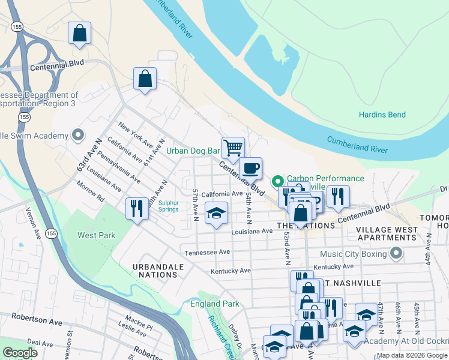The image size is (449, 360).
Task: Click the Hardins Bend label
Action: [382, 115]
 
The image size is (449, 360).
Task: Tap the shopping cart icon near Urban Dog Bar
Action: [232, 146]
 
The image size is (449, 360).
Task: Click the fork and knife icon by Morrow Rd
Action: [137, 208]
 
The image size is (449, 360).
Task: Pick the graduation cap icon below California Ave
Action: [217, 213]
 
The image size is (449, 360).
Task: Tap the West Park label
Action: [96, 235]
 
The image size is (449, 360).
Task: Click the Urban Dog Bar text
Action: [193, 151]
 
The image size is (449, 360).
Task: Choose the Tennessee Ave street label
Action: [208, 253]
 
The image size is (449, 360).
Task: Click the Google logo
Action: [20, 353]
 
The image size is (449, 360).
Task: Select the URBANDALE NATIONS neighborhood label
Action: [155, 269]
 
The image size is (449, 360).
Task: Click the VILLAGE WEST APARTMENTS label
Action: [387, 233]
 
